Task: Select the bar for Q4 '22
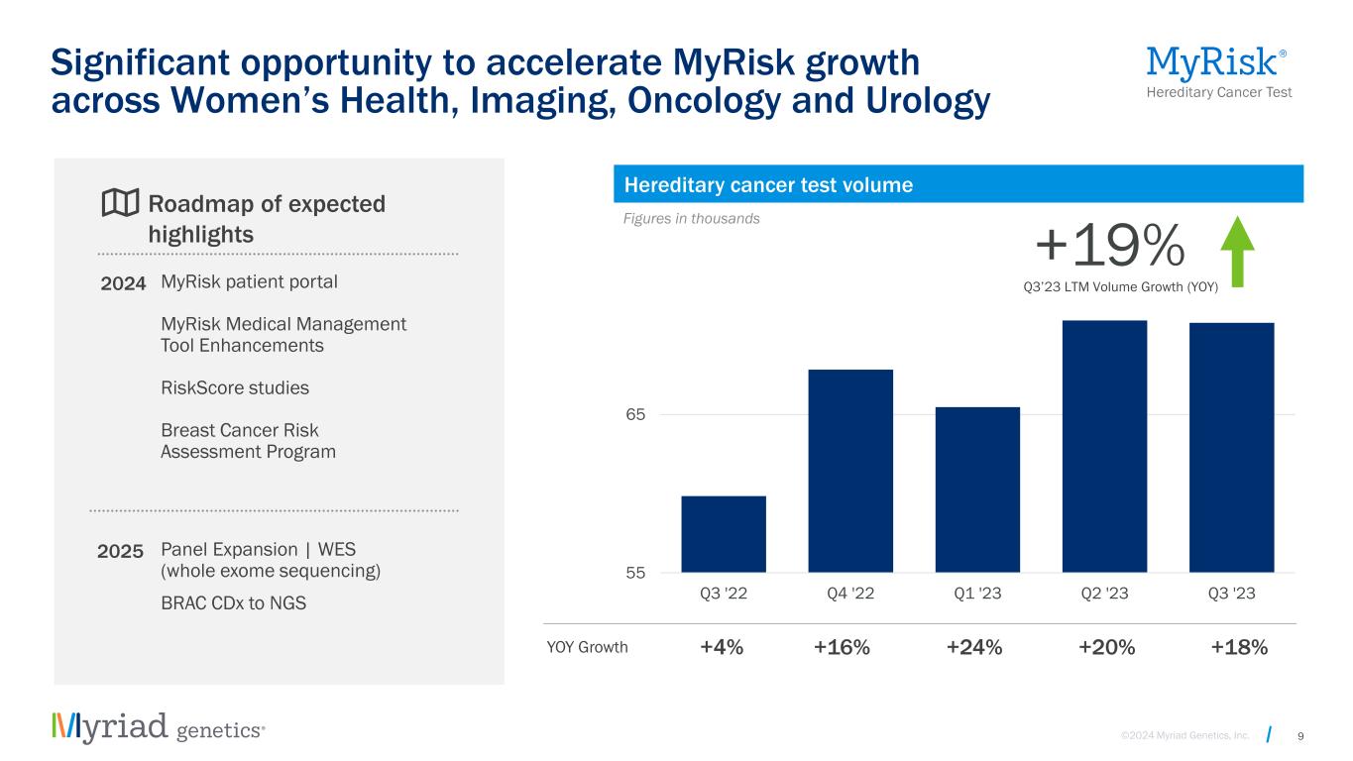click(x=850, y=471)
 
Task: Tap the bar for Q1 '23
click(x=977, y=489)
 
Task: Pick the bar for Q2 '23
click(x=1104, y=446)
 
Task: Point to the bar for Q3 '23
click(x=1231, y=447)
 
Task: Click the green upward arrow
click(x=1236, y=253)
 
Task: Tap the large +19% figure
click(x=1109, y=245)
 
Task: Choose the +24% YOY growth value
click(x=974, y=648)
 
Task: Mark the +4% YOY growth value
click(x=722, y=648)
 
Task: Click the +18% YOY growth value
click(x=1239, y=648)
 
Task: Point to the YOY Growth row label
click(x=587, y=648)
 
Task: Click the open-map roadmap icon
click(x=120, y=203)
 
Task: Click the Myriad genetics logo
click(x=159, y=727)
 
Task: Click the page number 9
click(x=1299, y=735)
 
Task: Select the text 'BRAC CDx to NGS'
click(x=233, y=602)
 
